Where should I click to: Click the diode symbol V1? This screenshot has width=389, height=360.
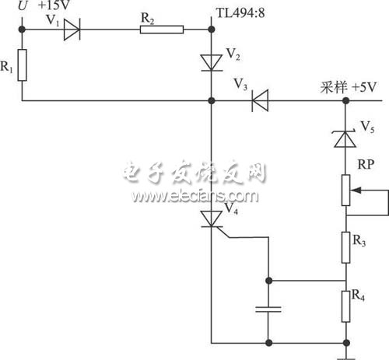coord(71,30)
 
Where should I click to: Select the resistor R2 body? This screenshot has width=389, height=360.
coord(162,30)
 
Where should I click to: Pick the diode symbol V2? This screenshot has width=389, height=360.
coord(212,61)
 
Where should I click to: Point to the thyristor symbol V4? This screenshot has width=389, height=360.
coord(212,220)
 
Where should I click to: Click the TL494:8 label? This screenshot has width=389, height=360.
coord(240,12)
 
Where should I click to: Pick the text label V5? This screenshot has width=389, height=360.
coord(370,124)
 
